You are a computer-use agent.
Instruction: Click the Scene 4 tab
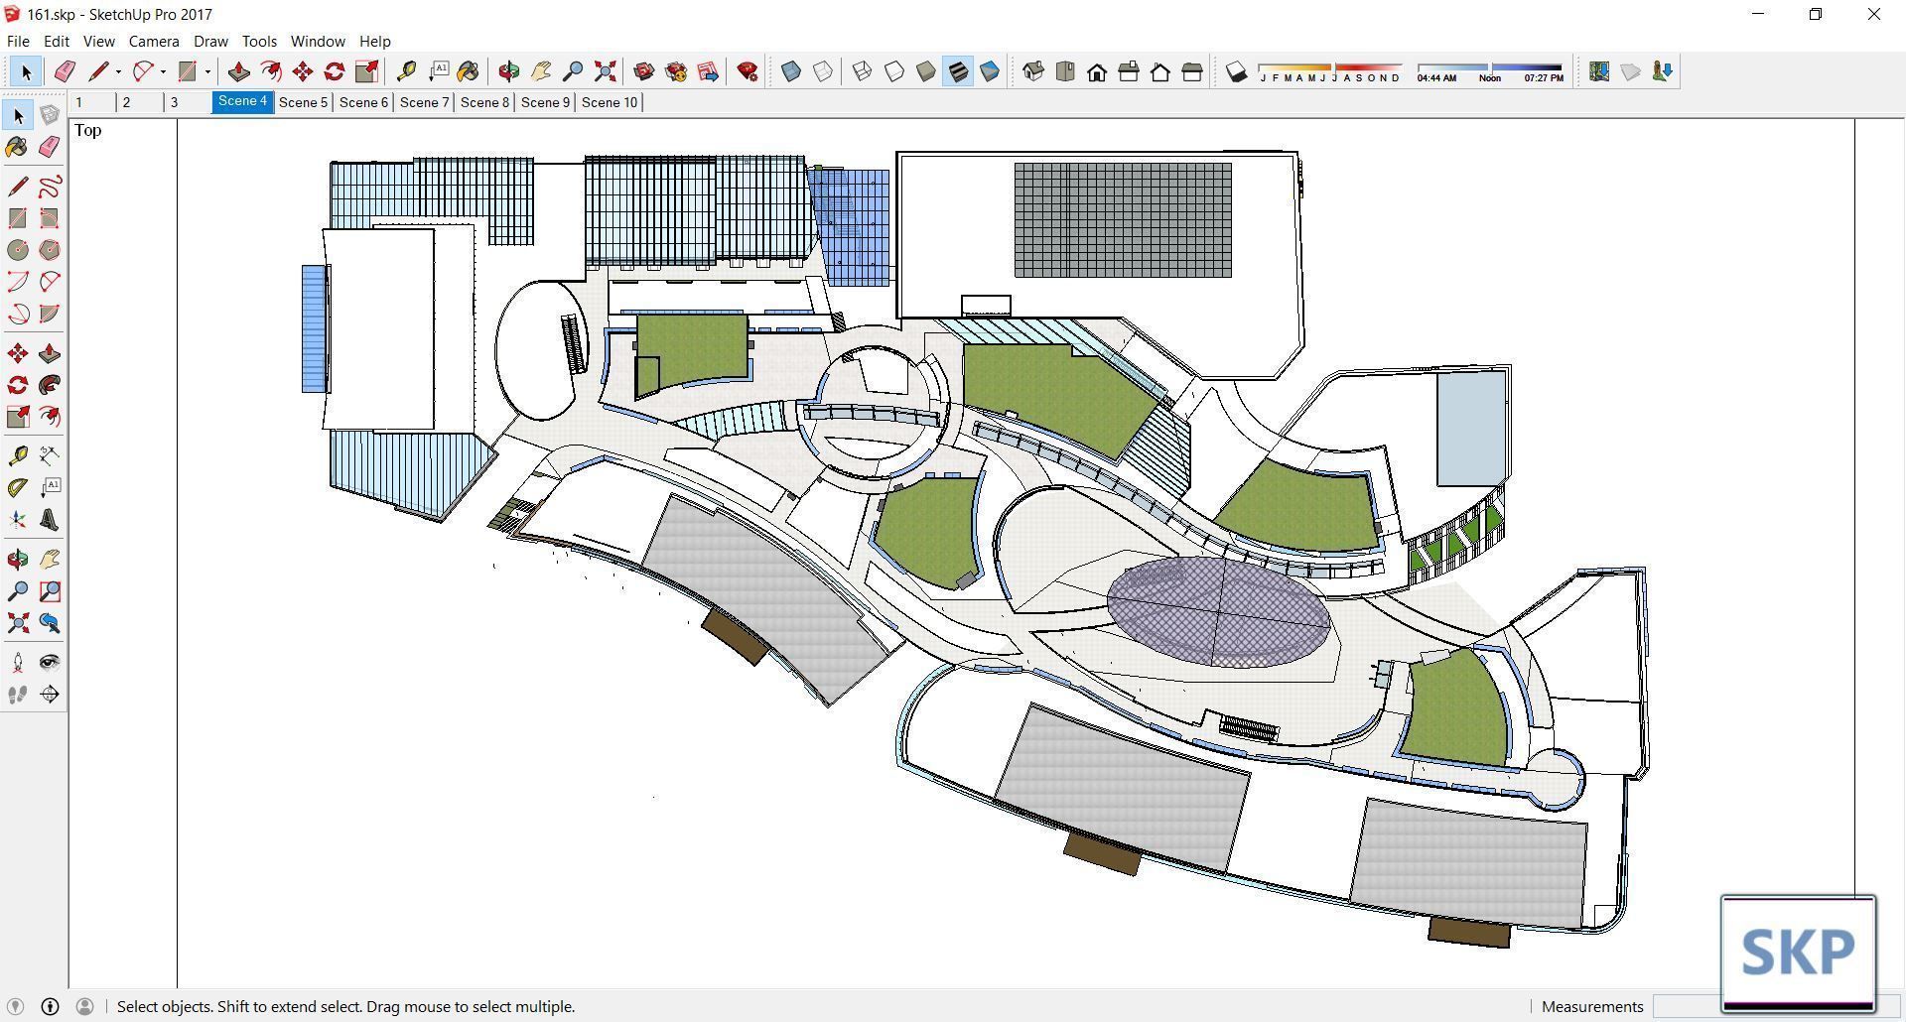coord(242,101)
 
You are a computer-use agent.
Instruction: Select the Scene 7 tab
coord(424,102)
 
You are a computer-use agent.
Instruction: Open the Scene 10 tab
coord(610,102)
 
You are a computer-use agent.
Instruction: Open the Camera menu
coord(154,42)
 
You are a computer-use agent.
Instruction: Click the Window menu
coord(318,42)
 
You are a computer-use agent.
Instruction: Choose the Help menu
coord(374,42)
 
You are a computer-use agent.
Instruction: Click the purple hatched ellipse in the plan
coord(1218,611)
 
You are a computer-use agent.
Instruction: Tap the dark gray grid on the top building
coord(1123,220)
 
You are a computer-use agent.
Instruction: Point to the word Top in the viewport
coord(88,131)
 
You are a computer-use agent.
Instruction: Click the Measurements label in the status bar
coord(1592,1006)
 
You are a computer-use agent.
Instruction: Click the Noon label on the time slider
coord(1489,78)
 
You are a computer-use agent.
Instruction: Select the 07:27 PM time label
coord(1543,78)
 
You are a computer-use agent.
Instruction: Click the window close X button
coord(1874,14)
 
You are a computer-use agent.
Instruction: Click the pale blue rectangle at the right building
coord(1471,429)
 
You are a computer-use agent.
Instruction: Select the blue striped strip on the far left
coord(315,328)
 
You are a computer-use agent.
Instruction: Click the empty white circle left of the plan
coord(534,350)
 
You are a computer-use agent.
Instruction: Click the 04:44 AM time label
coord(1436,78)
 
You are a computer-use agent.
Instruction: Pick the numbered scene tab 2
coord(126,102)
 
